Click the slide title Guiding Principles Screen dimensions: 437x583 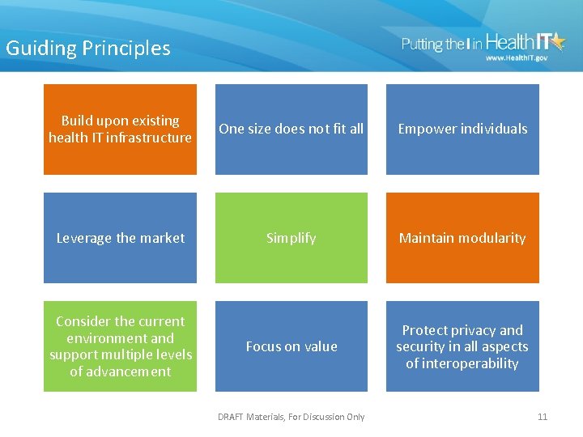(x=88, y=49)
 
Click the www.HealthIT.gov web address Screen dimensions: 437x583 (x=516, y=58)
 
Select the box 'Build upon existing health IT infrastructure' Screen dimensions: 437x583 (x=120, y=129)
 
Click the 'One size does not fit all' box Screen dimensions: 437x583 (x=291, y=129)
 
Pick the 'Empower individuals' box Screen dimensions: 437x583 (x=462, y=129)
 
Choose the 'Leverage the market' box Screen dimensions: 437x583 (x=120, y=238)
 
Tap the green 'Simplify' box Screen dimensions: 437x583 (x=291, y=238)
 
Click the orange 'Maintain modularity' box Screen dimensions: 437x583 (x=462, y=238)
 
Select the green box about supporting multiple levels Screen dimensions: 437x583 (x=120, y=346)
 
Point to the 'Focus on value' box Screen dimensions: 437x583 (x=291, y=346)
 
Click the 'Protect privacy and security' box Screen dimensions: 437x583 (x=462, y=346)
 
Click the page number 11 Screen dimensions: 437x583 (x=543, y=417)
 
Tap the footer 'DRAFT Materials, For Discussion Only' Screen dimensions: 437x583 (x=291, y=417)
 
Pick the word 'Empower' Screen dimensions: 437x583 (x=427, y=129)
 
